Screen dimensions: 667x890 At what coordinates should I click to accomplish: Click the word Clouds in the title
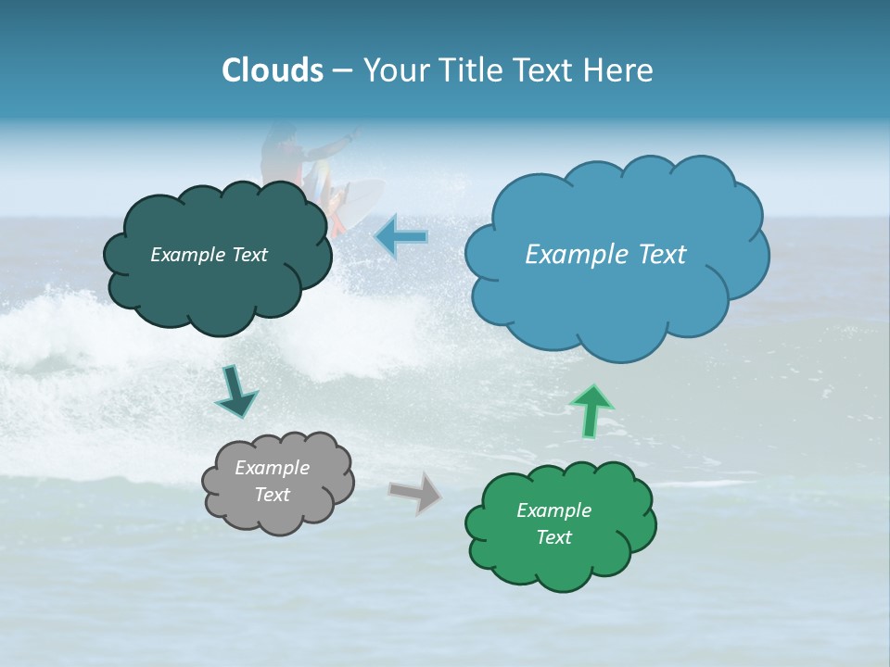pos(273,70)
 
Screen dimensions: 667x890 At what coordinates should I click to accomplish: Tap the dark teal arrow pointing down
pos(235,393)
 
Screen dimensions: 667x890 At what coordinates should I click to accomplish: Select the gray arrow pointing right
pos(414,492)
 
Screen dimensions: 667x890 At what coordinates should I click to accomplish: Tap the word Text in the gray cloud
pos(272,495)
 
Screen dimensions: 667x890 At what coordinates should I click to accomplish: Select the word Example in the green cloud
pos(553,510)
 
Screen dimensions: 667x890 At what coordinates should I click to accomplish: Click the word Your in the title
pos(394,70)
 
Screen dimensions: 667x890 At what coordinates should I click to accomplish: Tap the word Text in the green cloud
pos(553,537)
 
